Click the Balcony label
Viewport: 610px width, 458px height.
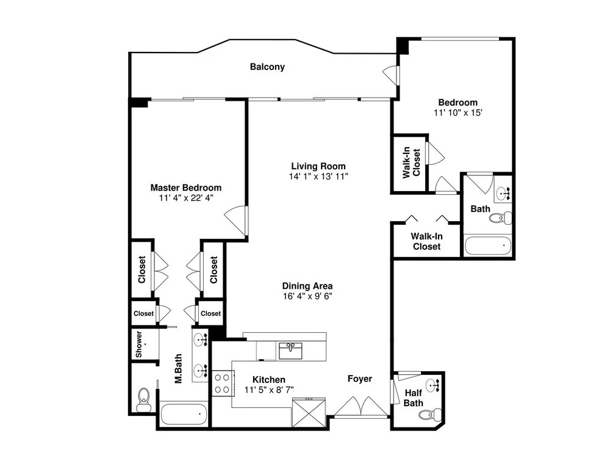coord(267,67)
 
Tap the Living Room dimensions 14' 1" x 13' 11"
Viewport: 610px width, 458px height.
coord(318,176)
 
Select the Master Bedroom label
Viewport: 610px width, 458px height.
coord(186,187)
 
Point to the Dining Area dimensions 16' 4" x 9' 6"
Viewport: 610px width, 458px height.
coord(307,296)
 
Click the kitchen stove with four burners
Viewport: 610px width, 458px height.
coord(222,383)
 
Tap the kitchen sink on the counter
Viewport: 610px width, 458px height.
coord(290,351)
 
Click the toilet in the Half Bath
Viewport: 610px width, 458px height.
coord(430,413)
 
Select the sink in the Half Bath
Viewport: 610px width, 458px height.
coord(432,385)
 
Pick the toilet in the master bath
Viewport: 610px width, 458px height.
coord(143,399)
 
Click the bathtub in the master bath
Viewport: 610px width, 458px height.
coord(184,415)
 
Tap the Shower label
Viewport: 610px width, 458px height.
coord(139,344)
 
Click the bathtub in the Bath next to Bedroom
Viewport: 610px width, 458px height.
coord(487,245)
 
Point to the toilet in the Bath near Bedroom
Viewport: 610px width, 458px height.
coord(500,218)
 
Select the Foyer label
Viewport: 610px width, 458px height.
coord(360,379)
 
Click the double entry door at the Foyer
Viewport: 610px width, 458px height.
coord(361,407)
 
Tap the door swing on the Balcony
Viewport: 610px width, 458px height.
coord(390,74)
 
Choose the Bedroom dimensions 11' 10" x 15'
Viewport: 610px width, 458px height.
coord(458,112)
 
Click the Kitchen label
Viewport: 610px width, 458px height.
coord(269,379)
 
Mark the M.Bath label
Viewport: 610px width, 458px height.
coord(178,368)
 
